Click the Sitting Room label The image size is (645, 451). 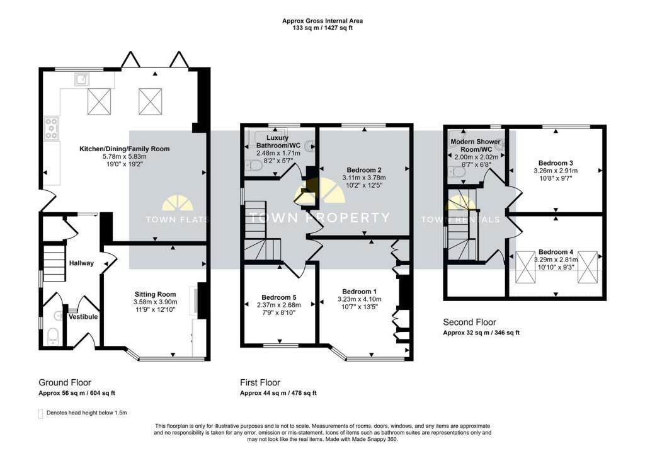point(155,294)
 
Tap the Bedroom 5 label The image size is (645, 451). point(279,297)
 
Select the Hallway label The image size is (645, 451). point(81,263)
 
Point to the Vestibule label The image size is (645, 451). point(83,316)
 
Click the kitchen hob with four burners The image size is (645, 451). point(52,128)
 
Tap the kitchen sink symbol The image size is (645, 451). point(82,79)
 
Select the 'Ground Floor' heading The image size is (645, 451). point(65,382)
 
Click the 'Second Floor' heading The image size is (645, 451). point(469,323)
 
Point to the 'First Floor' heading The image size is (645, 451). point(260,382)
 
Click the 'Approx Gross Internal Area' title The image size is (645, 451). point(322,21)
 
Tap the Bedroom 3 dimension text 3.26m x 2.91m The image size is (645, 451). point(556,170)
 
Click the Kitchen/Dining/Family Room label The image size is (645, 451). point(124,149)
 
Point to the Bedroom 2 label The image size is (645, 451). point(364,169)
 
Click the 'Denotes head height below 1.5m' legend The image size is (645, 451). point(87,413)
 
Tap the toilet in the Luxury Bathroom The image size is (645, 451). point(256,166)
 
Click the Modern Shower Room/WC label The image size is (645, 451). point(476,146)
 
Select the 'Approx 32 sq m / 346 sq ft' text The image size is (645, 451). point(481,333)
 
